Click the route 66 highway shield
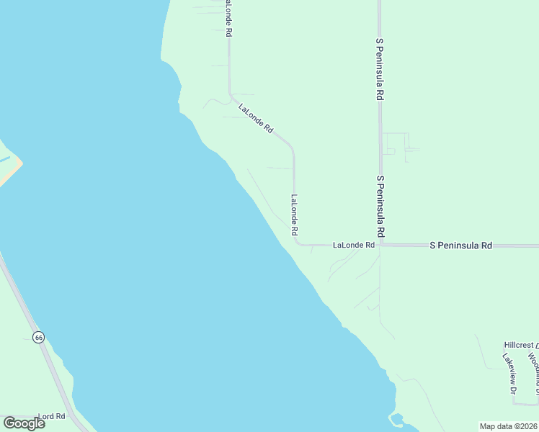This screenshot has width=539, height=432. [x=39, y=337]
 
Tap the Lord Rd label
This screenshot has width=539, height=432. [x=51, y=416]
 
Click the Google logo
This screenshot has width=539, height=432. [x=24, y=423]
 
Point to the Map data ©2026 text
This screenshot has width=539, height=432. [x=507, y=426]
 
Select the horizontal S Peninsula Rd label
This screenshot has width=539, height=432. [x=460, y=246]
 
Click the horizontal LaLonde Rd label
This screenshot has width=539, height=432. [x=353, y=246]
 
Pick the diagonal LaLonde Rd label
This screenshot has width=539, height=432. [x=256, y=118]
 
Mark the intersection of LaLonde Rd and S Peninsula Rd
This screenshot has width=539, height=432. [x=380, y=246]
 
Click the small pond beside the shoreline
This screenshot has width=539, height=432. [x=396, y=418]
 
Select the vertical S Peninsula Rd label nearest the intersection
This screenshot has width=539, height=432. [x=380, y=207]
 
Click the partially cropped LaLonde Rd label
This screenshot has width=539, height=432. [x=228, y=18]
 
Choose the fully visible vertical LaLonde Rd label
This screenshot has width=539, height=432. [x=294, y=215]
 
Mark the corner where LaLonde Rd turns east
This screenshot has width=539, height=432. [x=296, y=243]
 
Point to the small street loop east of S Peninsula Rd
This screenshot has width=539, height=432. [x=396, y=144]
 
